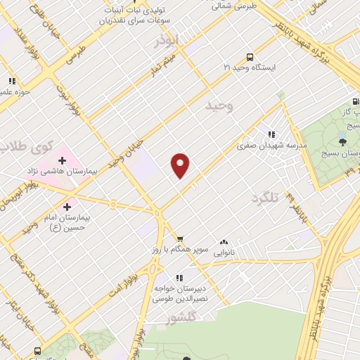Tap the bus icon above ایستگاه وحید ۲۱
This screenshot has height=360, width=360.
250,57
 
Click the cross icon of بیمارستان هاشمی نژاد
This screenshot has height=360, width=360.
62,161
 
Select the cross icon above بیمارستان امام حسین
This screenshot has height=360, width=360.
67,207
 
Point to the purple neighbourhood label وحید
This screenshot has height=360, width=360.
219,105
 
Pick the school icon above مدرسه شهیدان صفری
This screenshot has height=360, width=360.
271,134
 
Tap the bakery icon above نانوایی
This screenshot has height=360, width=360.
225,241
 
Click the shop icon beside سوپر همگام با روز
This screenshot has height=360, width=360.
181,239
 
